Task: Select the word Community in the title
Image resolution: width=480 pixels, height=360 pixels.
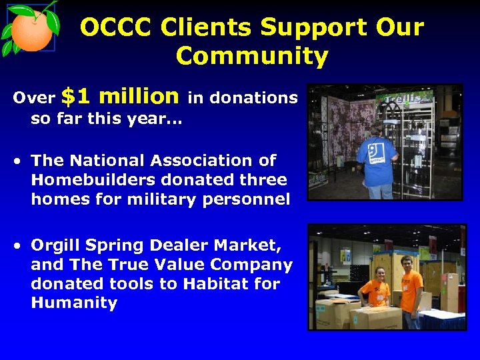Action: click(x=251, y=57)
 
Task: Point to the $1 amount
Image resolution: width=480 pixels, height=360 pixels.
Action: click(x=75, y=97)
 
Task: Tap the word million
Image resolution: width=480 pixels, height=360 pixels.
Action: click(x=139, y=97)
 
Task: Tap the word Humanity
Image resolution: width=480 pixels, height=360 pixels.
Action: click(x=73, y=303)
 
